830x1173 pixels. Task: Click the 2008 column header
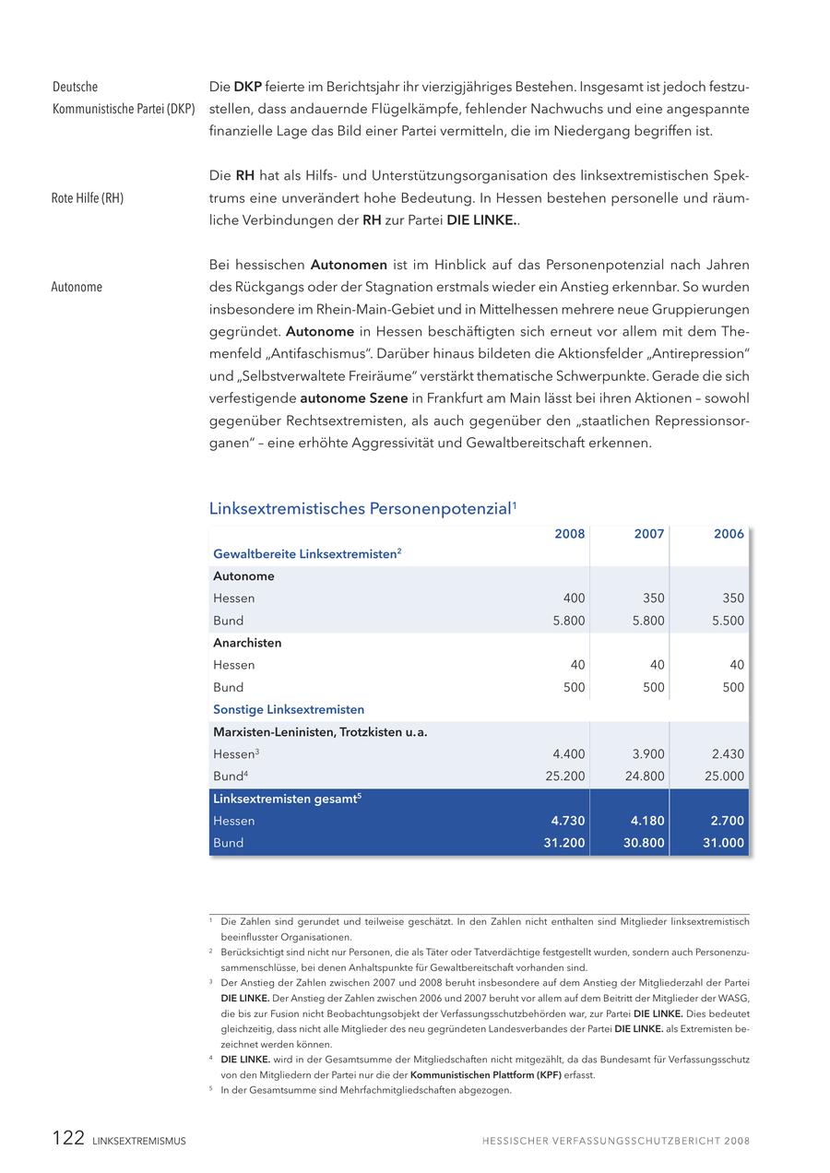point(569,534)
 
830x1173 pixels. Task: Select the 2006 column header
point(729,534)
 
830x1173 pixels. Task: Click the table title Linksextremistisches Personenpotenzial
point(360,508)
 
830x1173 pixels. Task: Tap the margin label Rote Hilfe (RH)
point(88,198)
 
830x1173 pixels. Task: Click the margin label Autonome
point(77,287)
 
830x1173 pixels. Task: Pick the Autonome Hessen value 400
point(574,598)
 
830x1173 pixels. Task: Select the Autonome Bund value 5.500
point(728,621)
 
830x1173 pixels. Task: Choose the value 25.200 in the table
point(565,776)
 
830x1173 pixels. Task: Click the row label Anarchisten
point(247,643)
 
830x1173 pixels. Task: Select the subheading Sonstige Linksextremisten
point(289,710)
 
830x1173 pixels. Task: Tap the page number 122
point(68,1138)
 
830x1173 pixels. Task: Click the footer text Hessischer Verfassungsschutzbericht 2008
point(615,1141)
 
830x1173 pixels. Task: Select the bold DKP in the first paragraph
point(247,87)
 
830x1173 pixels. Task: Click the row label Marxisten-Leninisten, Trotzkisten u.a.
point(320,732)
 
